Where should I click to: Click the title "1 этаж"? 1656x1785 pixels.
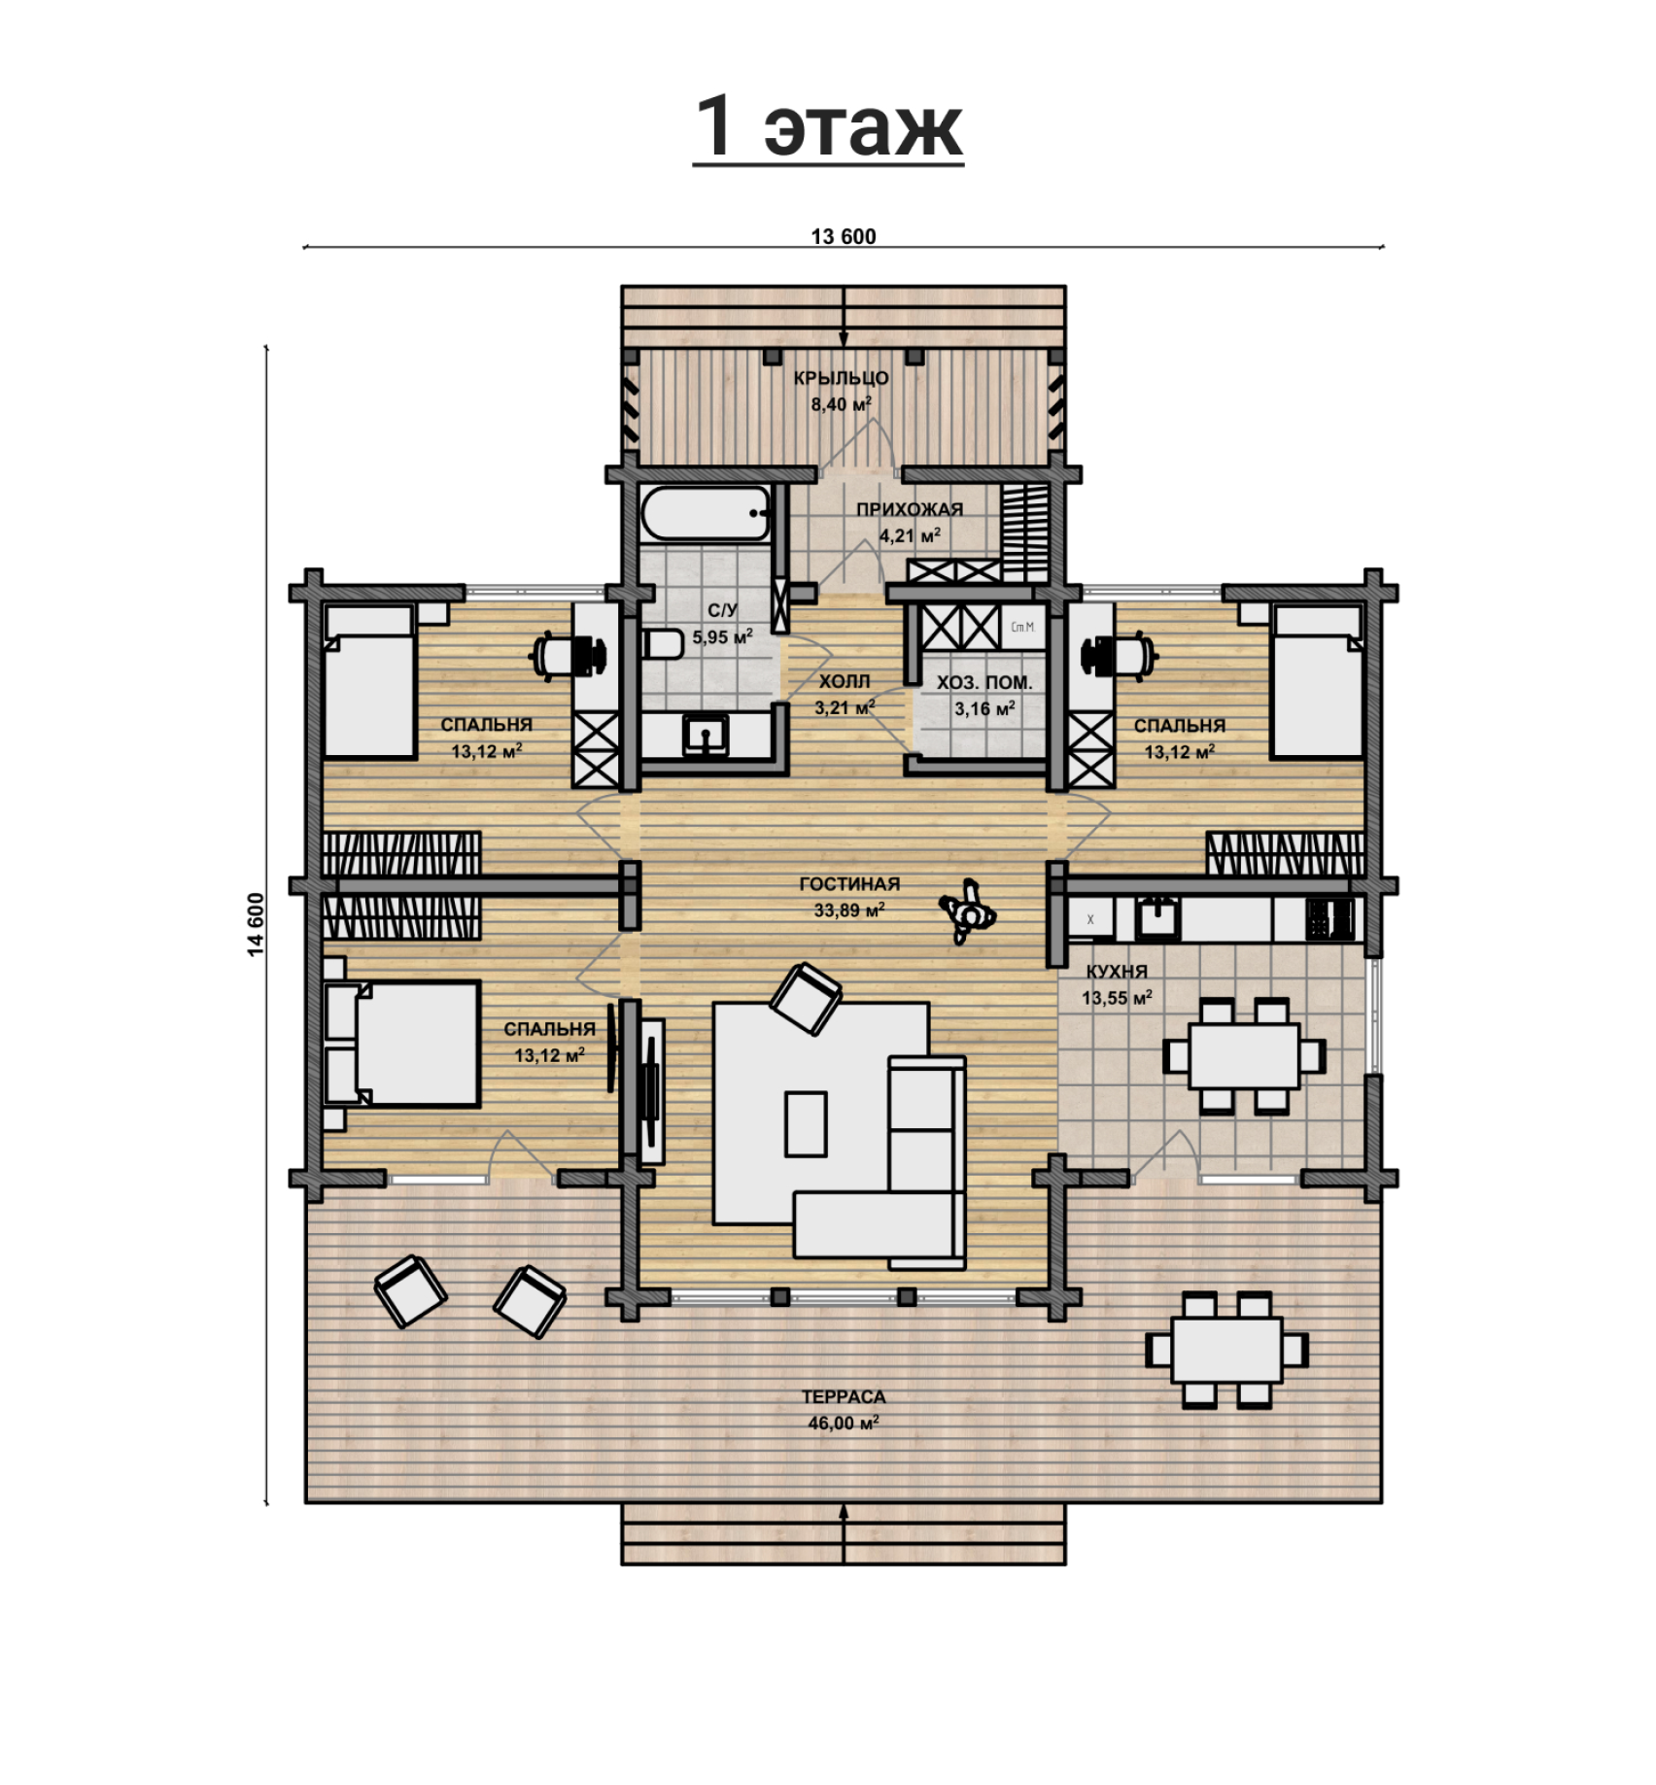point(828,126)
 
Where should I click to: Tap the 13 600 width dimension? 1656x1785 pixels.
point(844,236)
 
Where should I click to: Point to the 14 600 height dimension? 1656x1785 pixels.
point(256,924)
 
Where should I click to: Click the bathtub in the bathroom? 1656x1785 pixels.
point(706,512)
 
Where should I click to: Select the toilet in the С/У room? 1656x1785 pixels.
point(664,643)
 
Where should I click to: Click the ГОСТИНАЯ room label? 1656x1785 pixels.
point(849,884)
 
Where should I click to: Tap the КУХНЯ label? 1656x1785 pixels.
point(1117,972)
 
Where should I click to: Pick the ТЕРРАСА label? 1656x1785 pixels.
point(844,1397)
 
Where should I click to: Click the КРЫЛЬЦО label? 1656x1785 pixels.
point(841,378)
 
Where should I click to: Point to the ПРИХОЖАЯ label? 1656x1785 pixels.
point(910,509)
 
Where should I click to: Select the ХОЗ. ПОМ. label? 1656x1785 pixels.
point(984,683)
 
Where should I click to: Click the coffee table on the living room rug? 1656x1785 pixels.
point(806,1123)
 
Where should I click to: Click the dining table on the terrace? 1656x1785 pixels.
point(1227,1350)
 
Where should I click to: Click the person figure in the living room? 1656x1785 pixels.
point(968,911)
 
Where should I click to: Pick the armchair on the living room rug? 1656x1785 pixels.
point(806,998)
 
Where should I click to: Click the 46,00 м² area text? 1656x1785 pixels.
point(844,1424)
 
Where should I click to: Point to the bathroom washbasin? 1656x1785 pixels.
point(705,735)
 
